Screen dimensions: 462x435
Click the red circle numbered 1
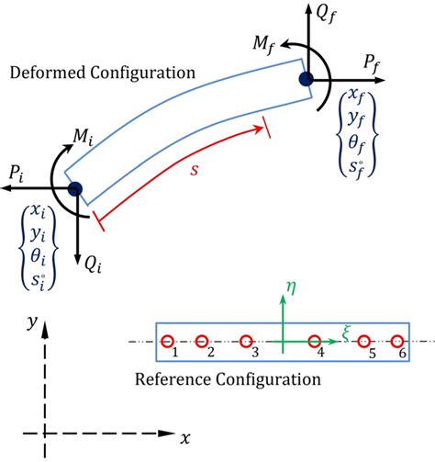[x=167, y=342]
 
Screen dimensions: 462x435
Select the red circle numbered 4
[x=314, y=342]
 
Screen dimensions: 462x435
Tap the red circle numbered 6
[x=397, y=342]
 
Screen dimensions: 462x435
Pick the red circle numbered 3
[x=247, y=342]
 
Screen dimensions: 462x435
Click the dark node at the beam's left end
[x=75, y=188]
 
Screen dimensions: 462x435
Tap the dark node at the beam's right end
[x=306, y=81]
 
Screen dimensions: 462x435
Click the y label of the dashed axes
[x=32, y=322]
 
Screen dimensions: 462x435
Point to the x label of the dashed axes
[x=185, y=439]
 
